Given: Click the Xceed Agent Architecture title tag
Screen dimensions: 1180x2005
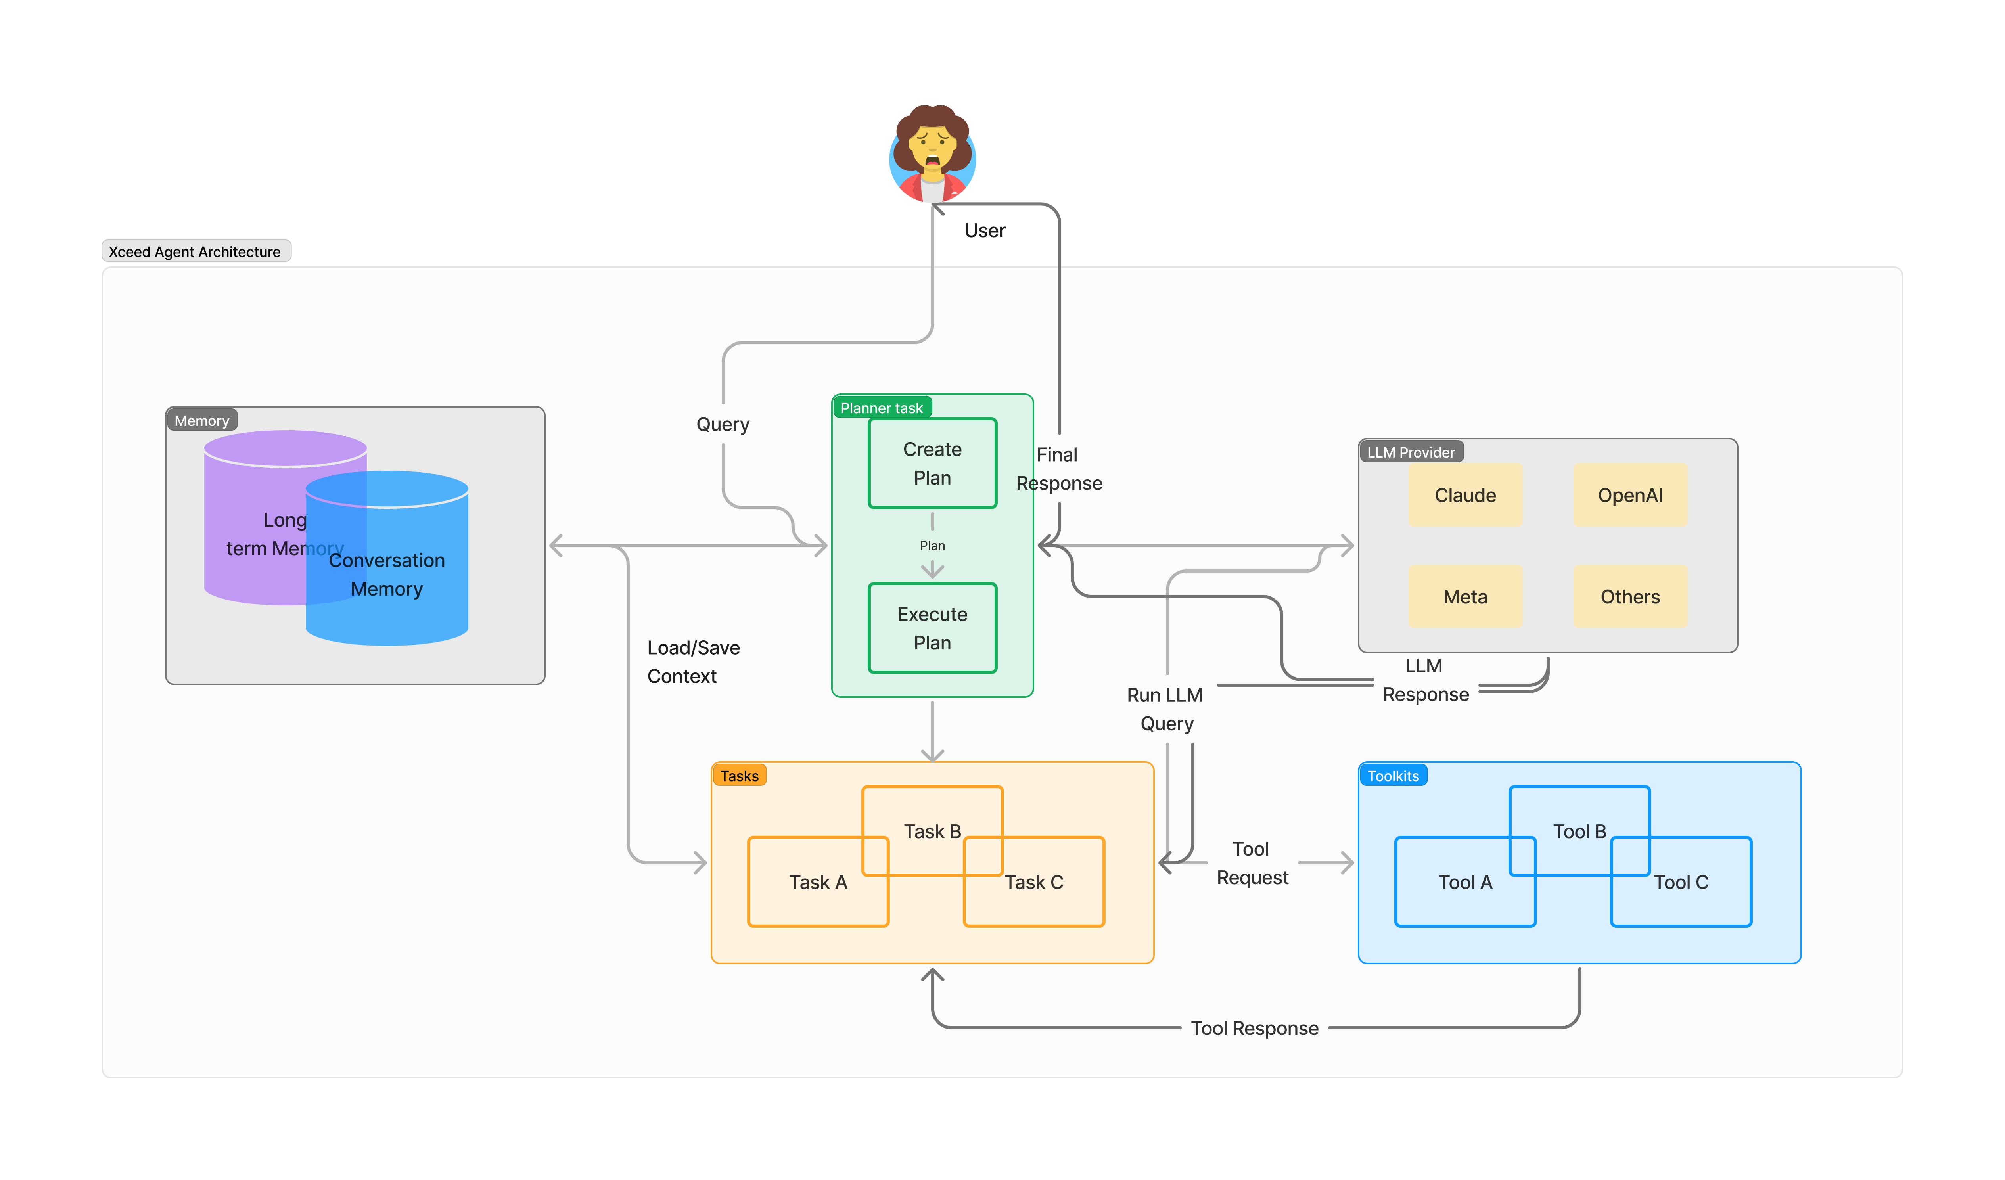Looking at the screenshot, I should [x=195, y=251].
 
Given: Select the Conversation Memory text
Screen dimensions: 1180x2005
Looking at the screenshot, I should [x=387, y=575].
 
